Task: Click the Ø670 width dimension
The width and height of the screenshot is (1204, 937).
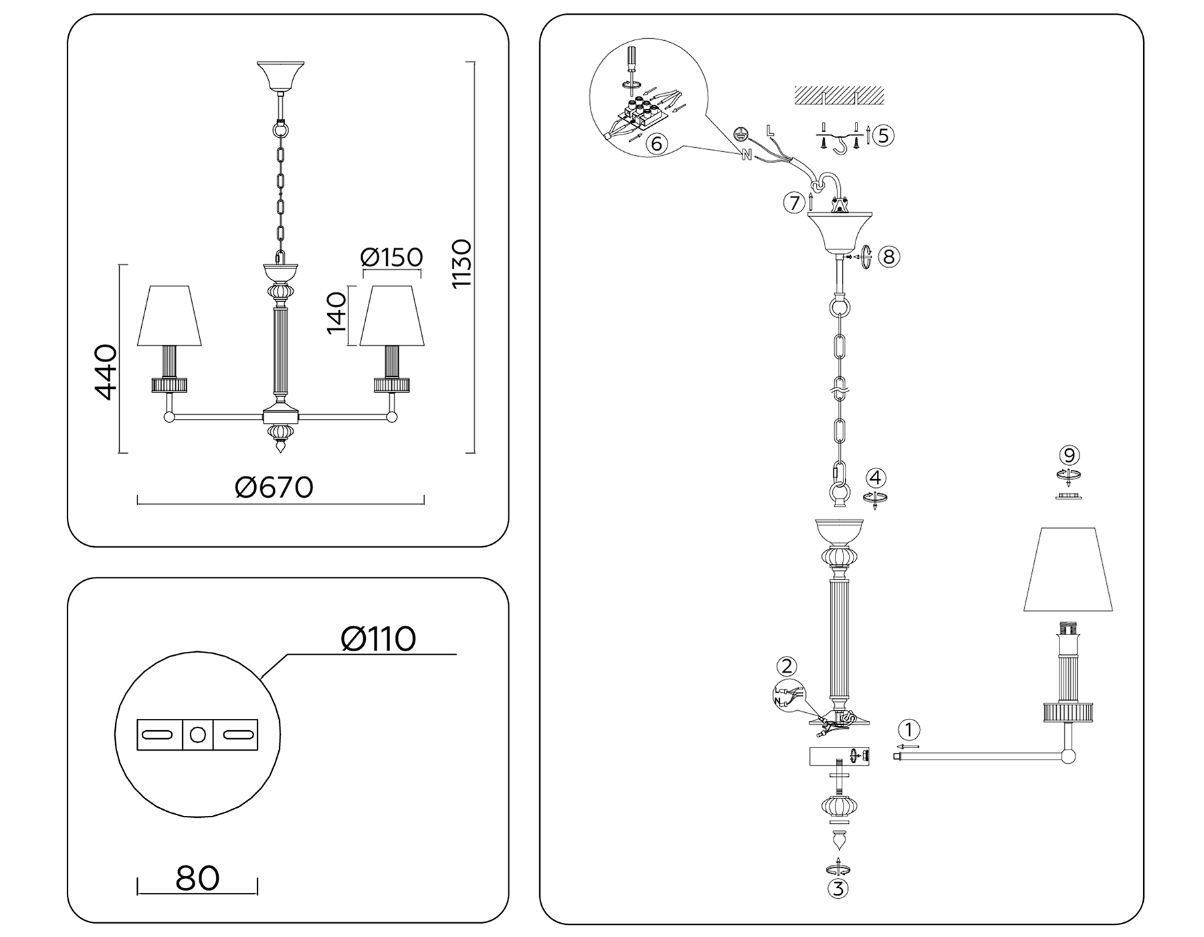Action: (274, 487)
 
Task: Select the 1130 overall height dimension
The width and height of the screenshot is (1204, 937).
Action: (462, 264)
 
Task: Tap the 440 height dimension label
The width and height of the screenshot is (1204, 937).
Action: (106, 372)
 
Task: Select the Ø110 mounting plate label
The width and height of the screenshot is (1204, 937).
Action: (378, 638)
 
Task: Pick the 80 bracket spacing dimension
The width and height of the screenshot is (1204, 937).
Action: (197, 878)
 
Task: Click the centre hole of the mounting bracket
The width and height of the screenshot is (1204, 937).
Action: (197, 734)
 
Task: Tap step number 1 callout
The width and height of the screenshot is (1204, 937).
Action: (908, 730)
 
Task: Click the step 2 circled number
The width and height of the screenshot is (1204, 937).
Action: (787, 666)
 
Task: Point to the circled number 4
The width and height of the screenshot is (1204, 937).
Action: (876, 478)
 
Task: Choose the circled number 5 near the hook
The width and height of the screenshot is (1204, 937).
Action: (883, 136)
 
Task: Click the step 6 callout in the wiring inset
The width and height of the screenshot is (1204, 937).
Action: (656, 144)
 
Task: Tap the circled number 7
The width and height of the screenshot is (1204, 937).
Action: (794, 202)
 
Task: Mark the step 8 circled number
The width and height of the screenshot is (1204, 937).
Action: (888, 256)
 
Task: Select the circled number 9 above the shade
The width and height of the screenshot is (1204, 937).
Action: (1069, 456)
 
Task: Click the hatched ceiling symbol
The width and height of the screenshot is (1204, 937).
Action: (839, 96)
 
